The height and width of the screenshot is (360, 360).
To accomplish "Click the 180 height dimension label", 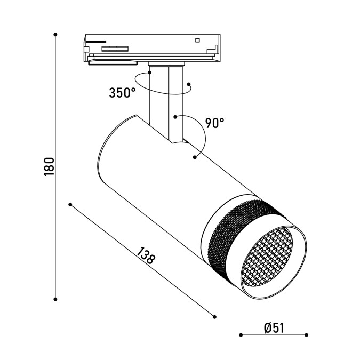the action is pyautogui.click(x=49, y=167).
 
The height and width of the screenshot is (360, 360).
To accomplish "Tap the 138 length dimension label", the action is pyautogui.click(x=146, y=255).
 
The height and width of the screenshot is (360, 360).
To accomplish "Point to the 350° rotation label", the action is pyautogui.click(x=122, y=93).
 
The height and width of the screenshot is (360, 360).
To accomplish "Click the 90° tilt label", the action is pyautogui.click(x=214, y=123).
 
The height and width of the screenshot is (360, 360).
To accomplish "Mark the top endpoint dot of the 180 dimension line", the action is pyautogui.click(x=55, y=35).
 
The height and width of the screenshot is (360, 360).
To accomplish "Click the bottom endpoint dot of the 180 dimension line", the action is pyautogui.click(x=55, y=299).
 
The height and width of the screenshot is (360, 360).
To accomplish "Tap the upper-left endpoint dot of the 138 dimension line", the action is pyautogui.click(x=70, y=205).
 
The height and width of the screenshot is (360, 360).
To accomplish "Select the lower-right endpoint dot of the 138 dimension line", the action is pyautogui.click(x=215, y=317).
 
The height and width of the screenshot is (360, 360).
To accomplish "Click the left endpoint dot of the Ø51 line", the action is pyautogui.click(x=241, y=335).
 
